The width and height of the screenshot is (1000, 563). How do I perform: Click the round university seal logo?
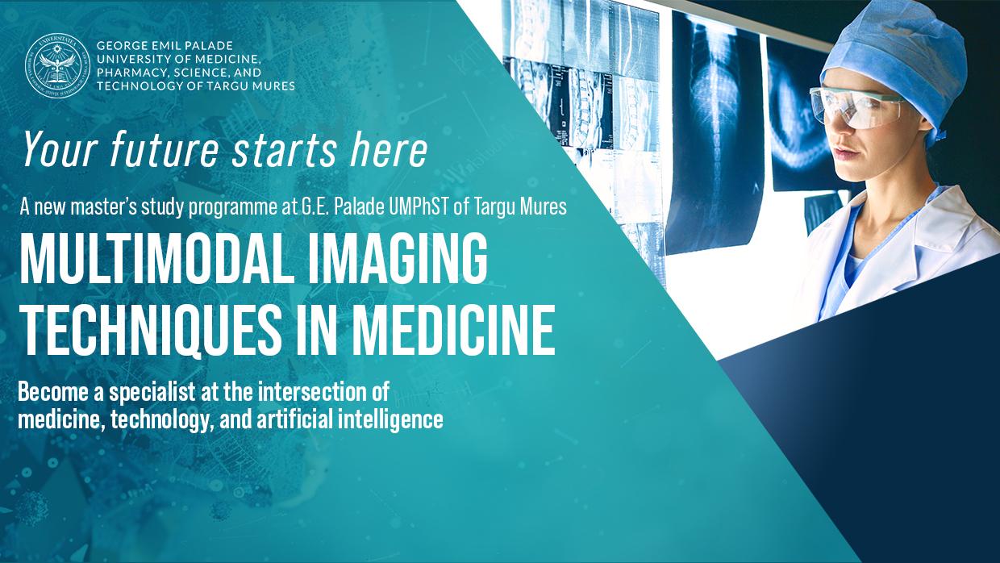[x=57, y=65]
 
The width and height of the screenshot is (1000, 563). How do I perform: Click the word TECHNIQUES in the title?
[x=150, y=330]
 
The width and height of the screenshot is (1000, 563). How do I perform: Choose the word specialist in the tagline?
[x=152, y=393]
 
